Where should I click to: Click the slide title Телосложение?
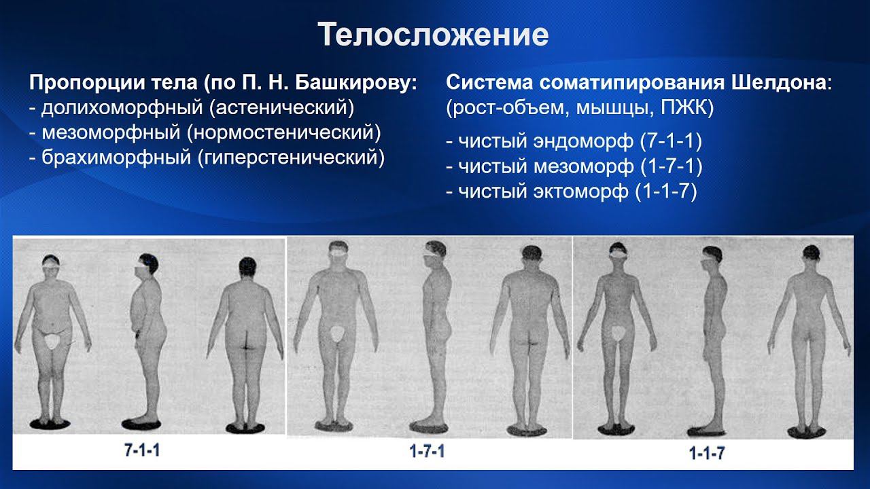click(x=434, y=35)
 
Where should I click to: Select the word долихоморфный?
click(x=113, y=108)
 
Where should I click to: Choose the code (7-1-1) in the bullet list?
click(x=671, y=142)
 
